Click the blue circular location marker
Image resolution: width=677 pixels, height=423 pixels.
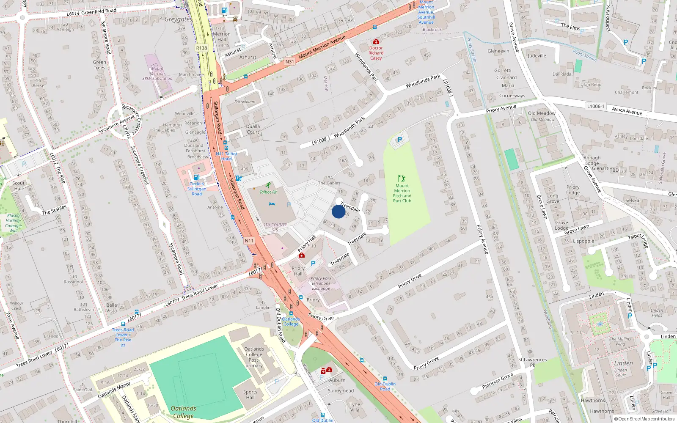(338, 211)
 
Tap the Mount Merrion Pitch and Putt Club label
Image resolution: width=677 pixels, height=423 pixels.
(402, 193)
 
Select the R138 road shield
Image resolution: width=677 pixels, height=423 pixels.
(202, 48)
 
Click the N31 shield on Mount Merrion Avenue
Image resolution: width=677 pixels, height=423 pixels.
(289, 62)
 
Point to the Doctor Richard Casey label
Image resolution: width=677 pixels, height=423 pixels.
(376, 53)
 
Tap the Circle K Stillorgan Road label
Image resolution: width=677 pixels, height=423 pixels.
(197, 189)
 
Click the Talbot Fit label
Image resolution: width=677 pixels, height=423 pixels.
(268, 192)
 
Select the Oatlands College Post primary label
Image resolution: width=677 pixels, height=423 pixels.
(254, 357)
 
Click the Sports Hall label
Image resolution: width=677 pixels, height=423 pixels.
(250, 395)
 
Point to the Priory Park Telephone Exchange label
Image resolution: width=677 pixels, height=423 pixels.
(321, 283)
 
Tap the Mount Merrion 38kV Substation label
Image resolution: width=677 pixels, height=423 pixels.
(157, 73)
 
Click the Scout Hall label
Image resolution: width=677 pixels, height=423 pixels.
(18, 186)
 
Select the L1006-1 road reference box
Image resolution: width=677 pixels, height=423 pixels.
(596, 106)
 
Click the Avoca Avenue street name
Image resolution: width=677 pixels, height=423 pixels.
(627, 111)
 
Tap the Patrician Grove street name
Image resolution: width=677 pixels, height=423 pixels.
(498, 381)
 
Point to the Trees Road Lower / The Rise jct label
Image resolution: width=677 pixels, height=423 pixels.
(123, 337)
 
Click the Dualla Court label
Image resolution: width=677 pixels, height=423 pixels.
(253, 129)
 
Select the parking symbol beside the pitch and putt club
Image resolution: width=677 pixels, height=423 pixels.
(399, 140)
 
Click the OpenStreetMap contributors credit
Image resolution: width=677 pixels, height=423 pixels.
(644, 419)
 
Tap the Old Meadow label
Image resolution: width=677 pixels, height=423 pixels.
(542, 113)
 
